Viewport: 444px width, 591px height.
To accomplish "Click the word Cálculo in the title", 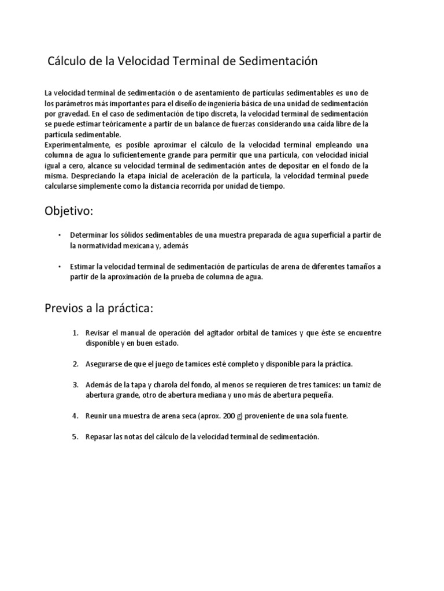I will (68, 61).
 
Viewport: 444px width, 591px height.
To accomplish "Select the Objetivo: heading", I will (68, 211).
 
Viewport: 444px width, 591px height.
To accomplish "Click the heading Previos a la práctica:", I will (98, 309).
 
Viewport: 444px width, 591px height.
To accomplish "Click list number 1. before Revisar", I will (75, 334).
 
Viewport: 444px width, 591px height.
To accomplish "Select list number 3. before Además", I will (75, 385).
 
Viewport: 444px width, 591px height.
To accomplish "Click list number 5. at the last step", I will (75, 437).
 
